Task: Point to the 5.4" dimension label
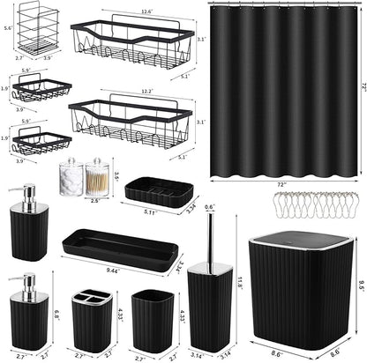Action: pos(8,29)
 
